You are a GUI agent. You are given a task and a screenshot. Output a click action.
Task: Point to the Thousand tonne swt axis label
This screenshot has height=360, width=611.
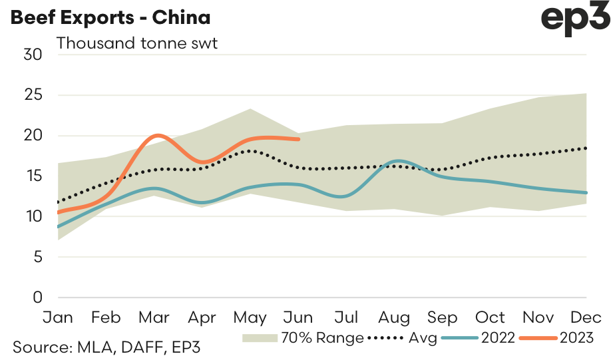tap(137, 44)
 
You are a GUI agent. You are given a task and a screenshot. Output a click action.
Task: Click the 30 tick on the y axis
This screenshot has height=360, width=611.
tap(33, 55)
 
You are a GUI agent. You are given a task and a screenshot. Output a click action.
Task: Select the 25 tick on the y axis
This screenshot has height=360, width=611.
tap(33, 95)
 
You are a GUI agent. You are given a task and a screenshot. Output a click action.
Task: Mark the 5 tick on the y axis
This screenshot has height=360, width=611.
tap(37, 257)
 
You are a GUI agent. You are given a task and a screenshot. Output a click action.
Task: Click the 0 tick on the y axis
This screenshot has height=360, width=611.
tap(37, 297)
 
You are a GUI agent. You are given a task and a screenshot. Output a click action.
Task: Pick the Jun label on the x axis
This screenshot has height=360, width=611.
tap(299, 317)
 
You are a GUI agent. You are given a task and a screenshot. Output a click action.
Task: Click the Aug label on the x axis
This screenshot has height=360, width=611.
tap(395, 317)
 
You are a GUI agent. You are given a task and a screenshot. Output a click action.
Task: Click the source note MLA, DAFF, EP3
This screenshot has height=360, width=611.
tap(106, 347)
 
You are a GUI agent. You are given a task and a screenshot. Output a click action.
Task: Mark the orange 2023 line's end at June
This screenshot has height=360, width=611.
tap(299, 139)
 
